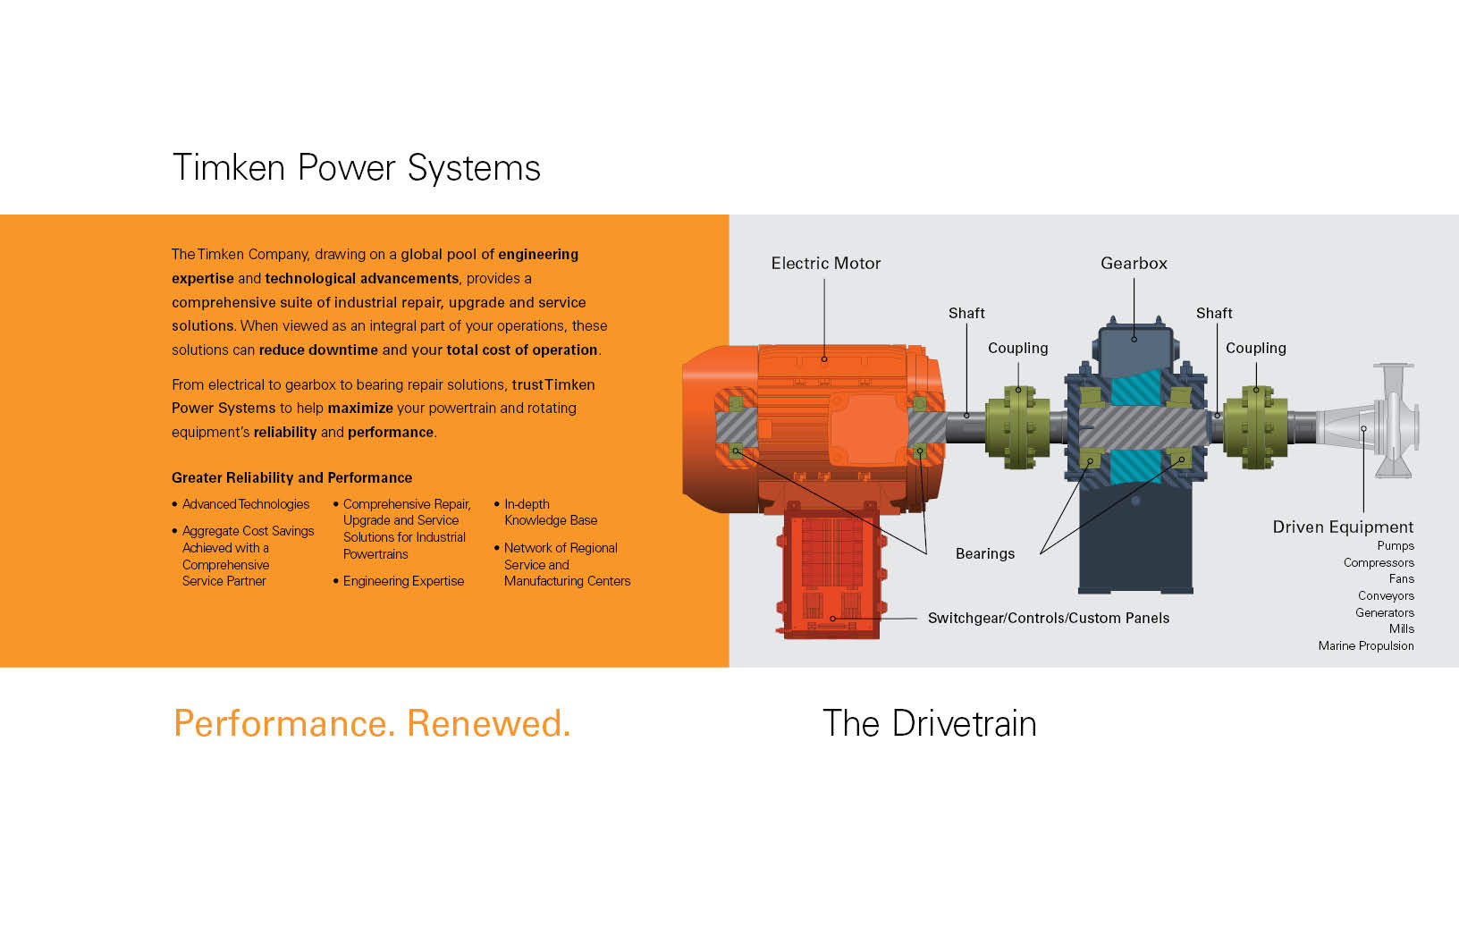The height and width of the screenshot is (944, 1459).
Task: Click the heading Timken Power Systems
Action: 356,168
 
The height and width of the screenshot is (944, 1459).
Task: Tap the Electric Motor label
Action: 825,264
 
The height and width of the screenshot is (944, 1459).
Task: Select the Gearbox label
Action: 1134,264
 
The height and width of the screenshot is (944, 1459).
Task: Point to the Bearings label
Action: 984,554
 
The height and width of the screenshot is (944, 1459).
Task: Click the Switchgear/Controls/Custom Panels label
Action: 1048,619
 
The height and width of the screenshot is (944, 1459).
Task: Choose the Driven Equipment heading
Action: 1343,527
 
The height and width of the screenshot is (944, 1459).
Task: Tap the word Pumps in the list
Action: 1395,546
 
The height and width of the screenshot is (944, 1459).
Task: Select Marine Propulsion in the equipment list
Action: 1365,646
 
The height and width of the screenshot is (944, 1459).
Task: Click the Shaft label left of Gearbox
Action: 966,314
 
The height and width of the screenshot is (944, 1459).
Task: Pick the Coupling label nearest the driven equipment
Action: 1255,349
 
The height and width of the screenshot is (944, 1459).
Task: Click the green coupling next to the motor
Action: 1017,427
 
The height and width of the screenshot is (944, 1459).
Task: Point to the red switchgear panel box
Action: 831,572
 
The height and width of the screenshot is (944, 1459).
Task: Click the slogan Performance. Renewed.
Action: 372,724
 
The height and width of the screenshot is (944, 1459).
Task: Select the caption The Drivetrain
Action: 929,724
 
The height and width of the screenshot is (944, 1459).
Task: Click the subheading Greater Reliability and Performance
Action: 291,478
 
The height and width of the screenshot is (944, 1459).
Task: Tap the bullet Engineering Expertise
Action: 403,582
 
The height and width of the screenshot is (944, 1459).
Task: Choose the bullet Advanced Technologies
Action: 246,505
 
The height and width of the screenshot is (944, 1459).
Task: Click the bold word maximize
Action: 360,409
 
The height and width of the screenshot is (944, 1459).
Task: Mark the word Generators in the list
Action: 1384,613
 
